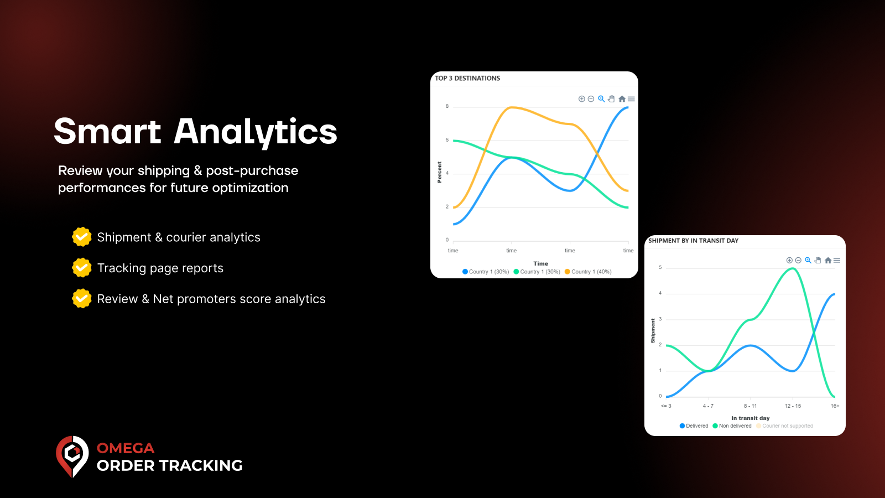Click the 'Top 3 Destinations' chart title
pyautogui.click(x=467, y=79)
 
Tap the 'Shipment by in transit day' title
pyautogui.click(x=693, y=241)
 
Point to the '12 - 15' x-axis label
pyautogui.click(x=793, y=406)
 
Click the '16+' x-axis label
pyautogui.click(x=835, y=406)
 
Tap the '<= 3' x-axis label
pyautogui.click(x=666, y=406)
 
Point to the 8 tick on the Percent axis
pyautogui.click(x=447, y=106)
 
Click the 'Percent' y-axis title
pyautogui.click(x=440, y=172)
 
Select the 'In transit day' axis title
pyautogui.click(x=750, y=418)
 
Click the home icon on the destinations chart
pyautogui.click(x=622, y=99)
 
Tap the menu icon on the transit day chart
pyautogui.click(x=837, y=260)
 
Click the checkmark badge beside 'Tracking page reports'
pyautogui.click(x=82, y=268)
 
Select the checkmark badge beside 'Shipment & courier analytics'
pyautogui.click(x=82, y=237)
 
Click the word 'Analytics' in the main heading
pyautogui.click(x=256, y=132)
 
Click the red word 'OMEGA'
pyautogui.click(x=126, y=448)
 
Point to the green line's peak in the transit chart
pyautogui.click(x=793, y=269)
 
